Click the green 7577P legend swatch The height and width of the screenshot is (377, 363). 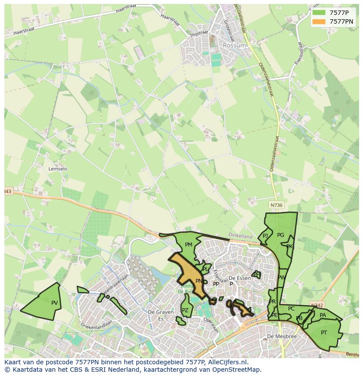point(319,13)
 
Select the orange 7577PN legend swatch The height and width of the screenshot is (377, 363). point(319,21)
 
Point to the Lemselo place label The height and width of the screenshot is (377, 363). point(58,169)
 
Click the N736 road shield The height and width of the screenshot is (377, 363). point(276,205)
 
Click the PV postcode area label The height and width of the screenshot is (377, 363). point(54,303)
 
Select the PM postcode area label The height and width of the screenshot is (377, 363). point(189,245)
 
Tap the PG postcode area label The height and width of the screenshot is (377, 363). point(281,235)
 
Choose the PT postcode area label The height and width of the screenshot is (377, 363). point(324,333)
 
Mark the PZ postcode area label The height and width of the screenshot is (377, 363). point(185,310)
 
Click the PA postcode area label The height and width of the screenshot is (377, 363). point(323,315)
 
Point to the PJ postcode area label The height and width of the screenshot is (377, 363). point(265,236)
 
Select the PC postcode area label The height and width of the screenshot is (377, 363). point(291,309)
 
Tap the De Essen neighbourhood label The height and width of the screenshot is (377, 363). point(240,278)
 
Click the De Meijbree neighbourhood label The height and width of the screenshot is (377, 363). point(282,336)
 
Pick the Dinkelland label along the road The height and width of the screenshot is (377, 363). point(240,235)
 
